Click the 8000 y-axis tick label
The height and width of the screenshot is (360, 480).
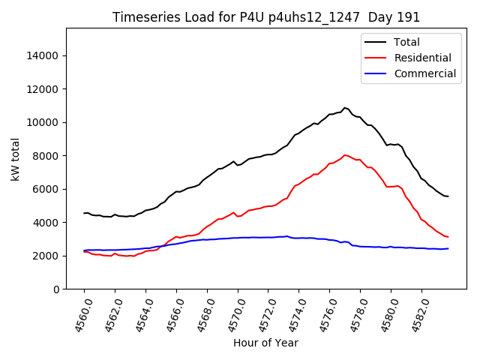(45, 156)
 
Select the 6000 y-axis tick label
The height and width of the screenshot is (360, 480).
(45, 190)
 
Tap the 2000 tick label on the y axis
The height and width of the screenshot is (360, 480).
(45, 256)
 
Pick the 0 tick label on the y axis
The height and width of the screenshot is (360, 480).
(55, 289)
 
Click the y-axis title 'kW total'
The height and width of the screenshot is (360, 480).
(15, 159)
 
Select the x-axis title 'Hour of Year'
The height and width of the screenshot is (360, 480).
(265, 343)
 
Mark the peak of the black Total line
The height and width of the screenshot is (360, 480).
(345, 108)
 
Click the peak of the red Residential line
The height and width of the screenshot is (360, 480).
(345, 155)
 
